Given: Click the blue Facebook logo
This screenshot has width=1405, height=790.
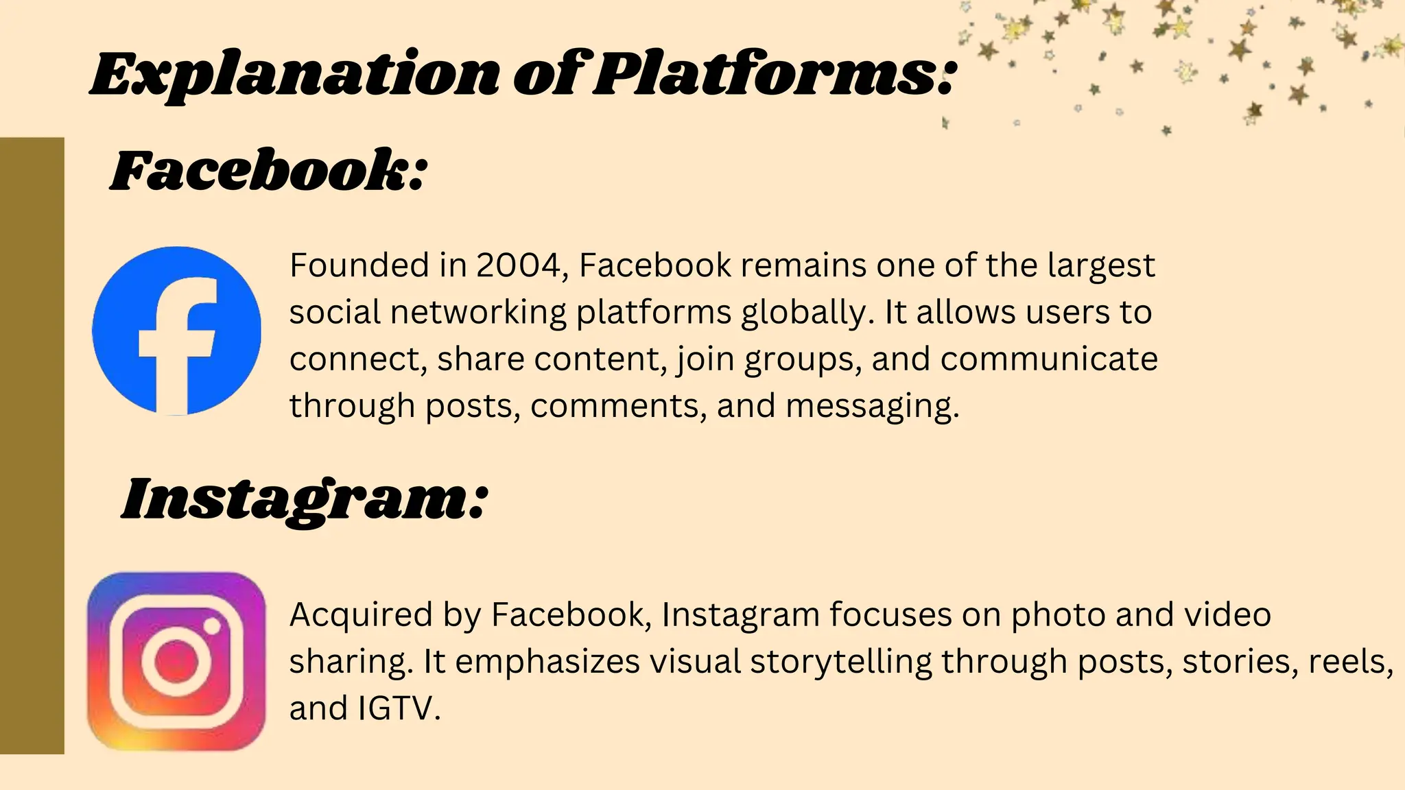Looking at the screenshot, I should click(x=176, y=331).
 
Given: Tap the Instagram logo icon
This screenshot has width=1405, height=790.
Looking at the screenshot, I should click(x=176, y=661).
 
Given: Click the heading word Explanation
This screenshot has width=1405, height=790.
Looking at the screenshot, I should click(x=295, y=74).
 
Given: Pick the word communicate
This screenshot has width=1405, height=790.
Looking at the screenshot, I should click(x=1049, y=359).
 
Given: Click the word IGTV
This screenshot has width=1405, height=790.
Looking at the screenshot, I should click(x=398, y=708).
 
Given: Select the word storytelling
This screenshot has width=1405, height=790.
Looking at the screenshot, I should click(x=841, y=662).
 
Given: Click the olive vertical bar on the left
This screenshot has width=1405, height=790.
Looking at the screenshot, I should click(x=32, y=446).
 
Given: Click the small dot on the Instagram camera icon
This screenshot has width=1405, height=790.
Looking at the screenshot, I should click(x=213, y=626).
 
